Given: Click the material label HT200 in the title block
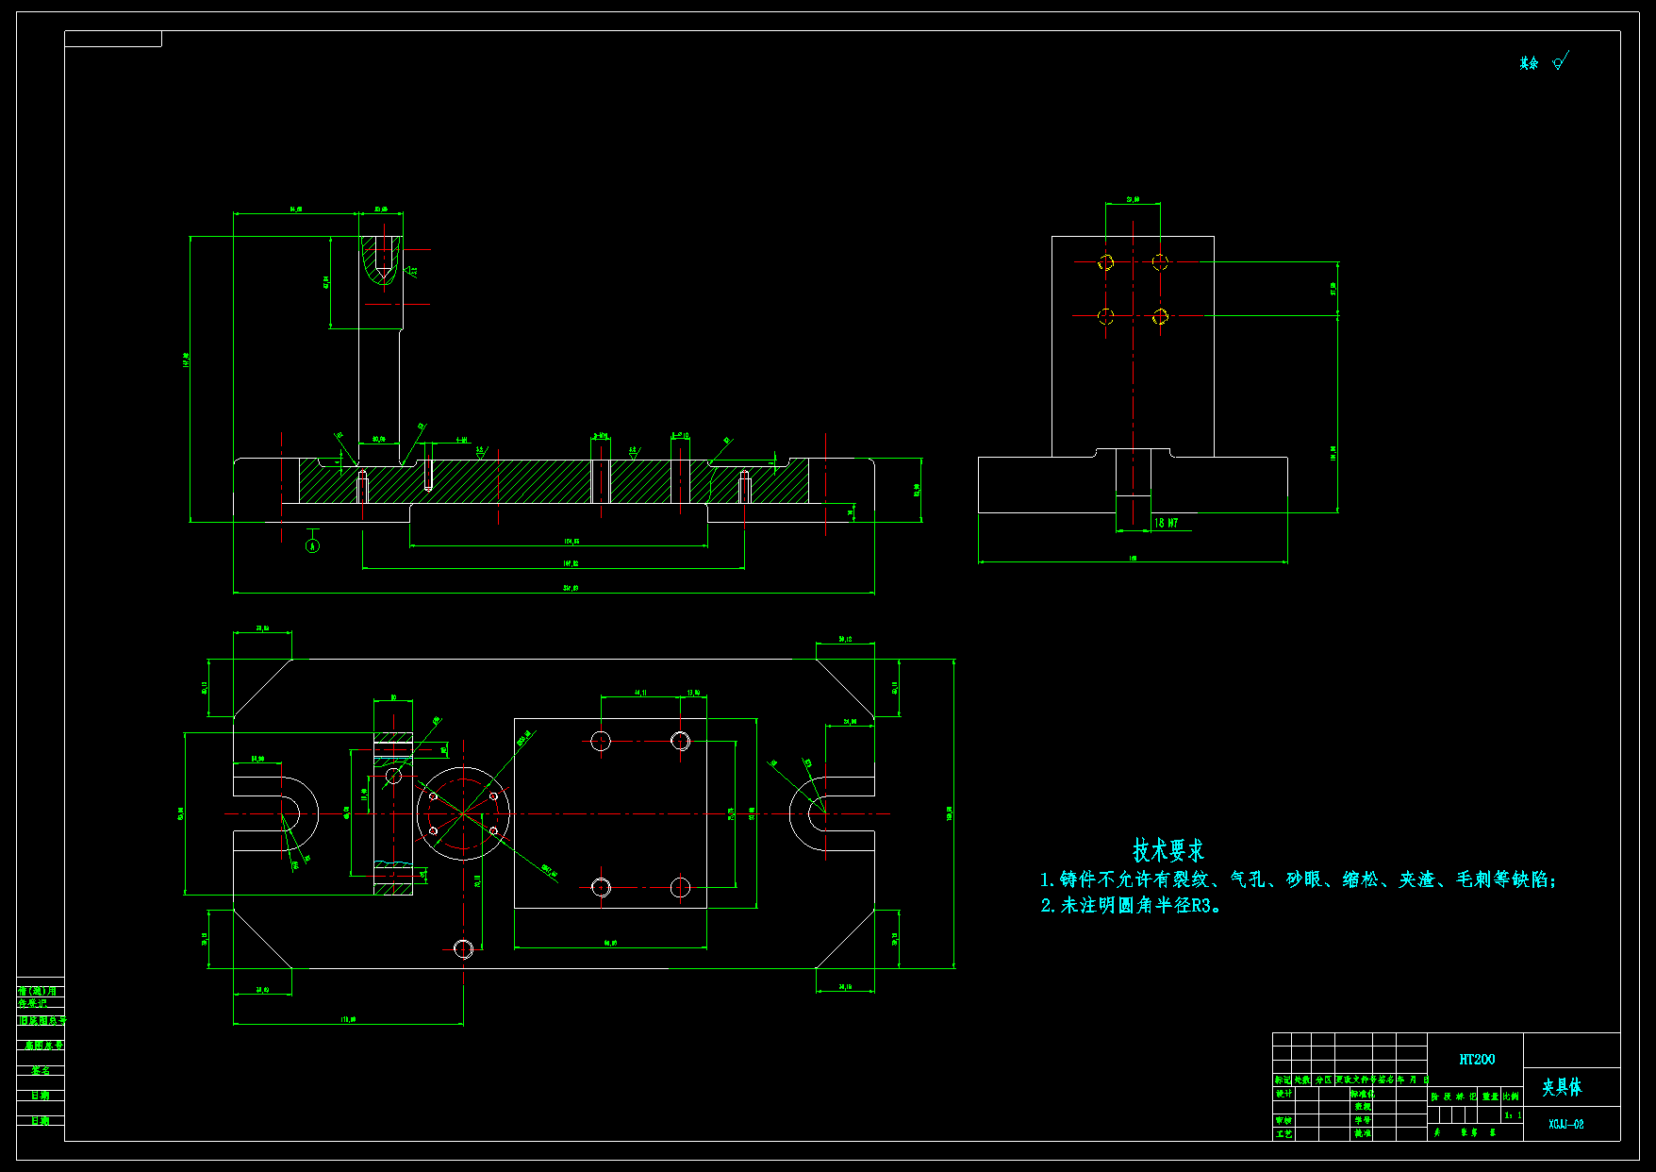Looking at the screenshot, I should pos(1477,1060).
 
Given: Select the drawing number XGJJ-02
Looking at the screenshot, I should pos(1566,1124).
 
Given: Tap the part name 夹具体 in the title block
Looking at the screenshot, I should pos(1562,1087).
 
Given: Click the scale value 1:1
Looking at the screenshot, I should pos(1513,1115).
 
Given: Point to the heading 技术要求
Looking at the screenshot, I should pos(1168,850).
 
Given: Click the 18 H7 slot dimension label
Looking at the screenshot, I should pos(1167,523).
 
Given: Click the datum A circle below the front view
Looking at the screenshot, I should pos(313,545).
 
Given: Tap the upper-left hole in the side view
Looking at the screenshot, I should pos(1106,262).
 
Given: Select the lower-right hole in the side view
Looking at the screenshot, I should pos(1160,316).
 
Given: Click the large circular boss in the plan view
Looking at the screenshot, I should pos(463,813).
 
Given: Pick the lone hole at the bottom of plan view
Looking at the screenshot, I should pos(463,948).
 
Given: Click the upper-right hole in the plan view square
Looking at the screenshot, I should pos(680,741).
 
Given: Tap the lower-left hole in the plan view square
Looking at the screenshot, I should pos(601,887).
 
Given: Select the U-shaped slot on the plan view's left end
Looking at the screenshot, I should pos(283,813).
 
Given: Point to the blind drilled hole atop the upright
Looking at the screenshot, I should pos(381,260).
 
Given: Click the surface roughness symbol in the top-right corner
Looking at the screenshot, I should pos(1559,62).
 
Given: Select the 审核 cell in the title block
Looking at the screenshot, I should pos(1283,1121).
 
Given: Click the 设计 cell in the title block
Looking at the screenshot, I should pos(1283,1095).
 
